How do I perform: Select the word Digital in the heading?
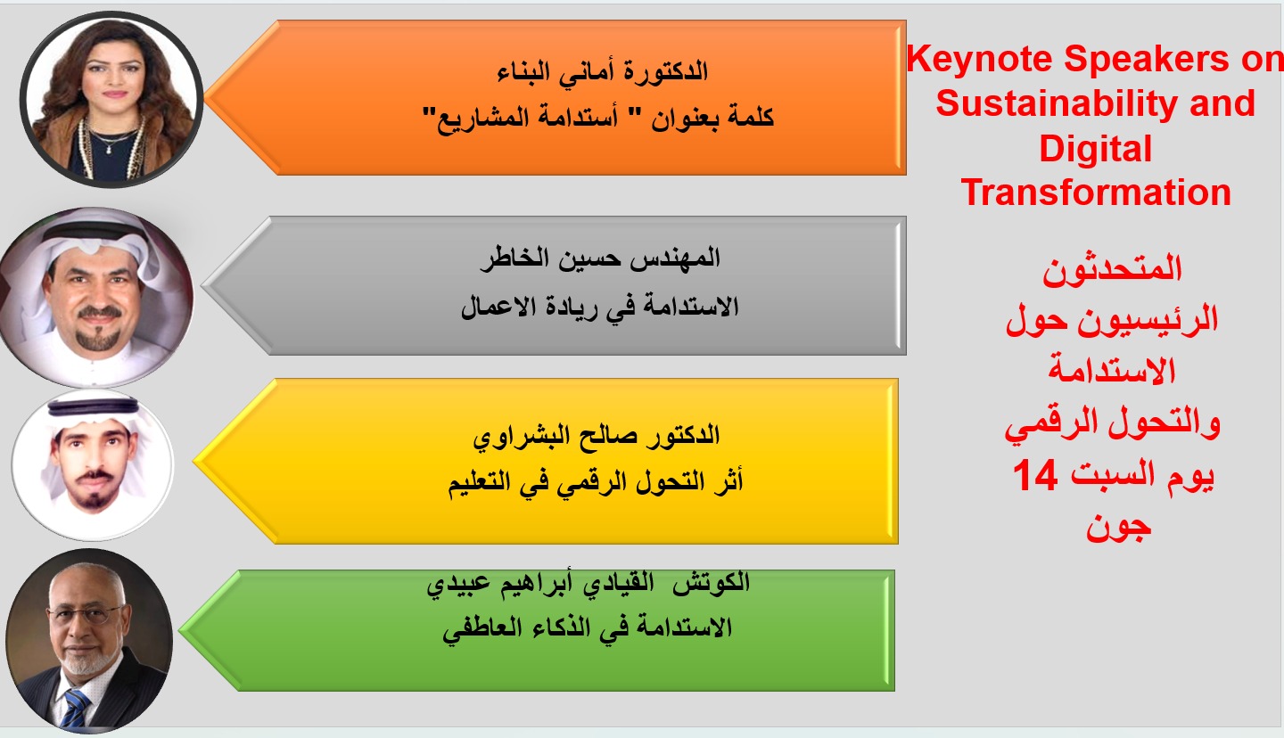click(1095, 148)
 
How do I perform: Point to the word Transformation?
click(1096, 192)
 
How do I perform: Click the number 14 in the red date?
click(1034, 475)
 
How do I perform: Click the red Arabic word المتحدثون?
click(1112, 269)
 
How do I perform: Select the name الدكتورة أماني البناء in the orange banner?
click(603, 71)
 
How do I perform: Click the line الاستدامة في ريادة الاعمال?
click(599, 307)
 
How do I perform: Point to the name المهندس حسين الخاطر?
click(599, 258)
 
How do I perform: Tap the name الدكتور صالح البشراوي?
click(597, 435)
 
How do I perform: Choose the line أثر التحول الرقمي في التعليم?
click(596, 481)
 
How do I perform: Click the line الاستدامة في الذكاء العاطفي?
click(588, 628)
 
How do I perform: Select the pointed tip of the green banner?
click(180, 630)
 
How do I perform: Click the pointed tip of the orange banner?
click(205, 97)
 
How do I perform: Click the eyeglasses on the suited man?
click(86, 614)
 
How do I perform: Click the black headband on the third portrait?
click(94, 407)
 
